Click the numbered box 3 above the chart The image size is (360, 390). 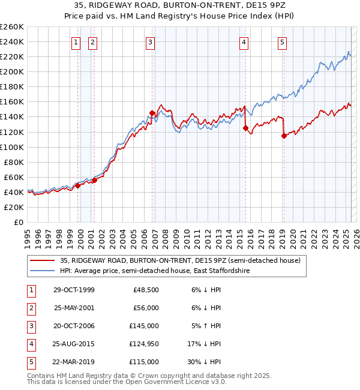click(x=150, y=42)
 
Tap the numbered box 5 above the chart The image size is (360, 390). click(x=282, y=42)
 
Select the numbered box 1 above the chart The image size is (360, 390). click(x=77, y=42)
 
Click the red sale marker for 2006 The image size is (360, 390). click(x=152, y=113)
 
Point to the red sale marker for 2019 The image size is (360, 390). click(x=284, y=136)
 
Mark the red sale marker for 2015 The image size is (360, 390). click(x=245, y=128)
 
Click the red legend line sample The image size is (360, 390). click(x=41, y=260)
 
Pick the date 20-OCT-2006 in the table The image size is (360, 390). click(x=74, y=326)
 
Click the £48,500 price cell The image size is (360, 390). click(x=145, y=290)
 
